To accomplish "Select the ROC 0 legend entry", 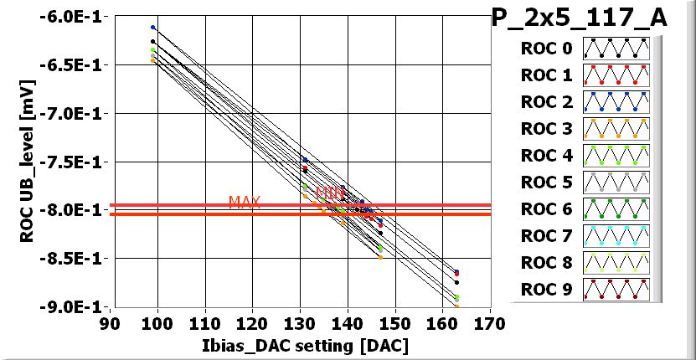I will click(544, 49).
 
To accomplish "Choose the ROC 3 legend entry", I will click(544, 129).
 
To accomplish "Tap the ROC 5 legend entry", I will click(544, 183).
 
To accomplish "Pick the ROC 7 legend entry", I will click(544, 236).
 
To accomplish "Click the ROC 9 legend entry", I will click(544, 290).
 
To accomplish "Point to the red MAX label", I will click(245, 203).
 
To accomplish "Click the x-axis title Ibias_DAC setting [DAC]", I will click(300, 345).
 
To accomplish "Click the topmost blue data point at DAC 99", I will click(152, 28).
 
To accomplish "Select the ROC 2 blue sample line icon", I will click(616, 102).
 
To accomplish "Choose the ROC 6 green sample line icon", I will click(616, 209).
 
